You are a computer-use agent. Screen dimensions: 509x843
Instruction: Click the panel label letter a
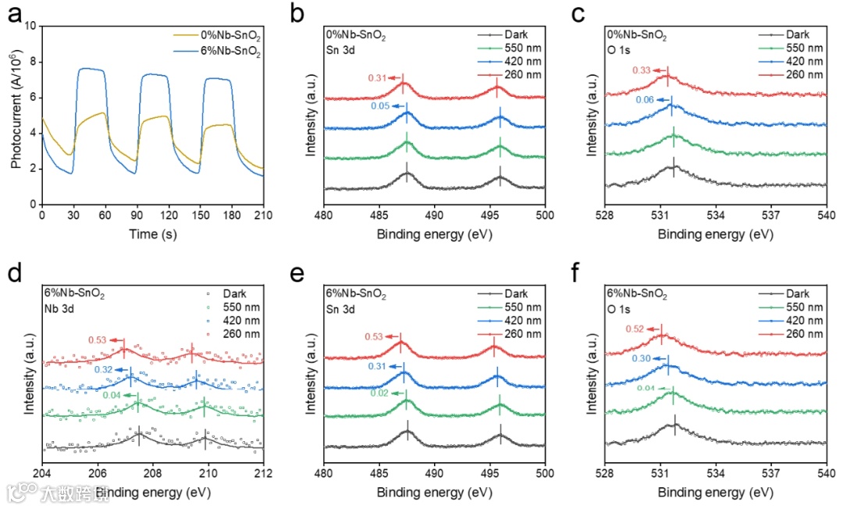(x=13, y=14)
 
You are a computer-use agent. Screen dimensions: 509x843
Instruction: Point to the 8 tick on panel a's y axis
(x=33, y=62)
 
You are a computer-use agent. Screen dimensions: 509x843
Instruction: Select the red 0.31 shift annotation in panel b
(x=377, y=77)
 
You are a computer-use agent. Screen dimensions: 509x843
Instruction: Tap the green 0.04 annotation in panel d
(x=112, y=395)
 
